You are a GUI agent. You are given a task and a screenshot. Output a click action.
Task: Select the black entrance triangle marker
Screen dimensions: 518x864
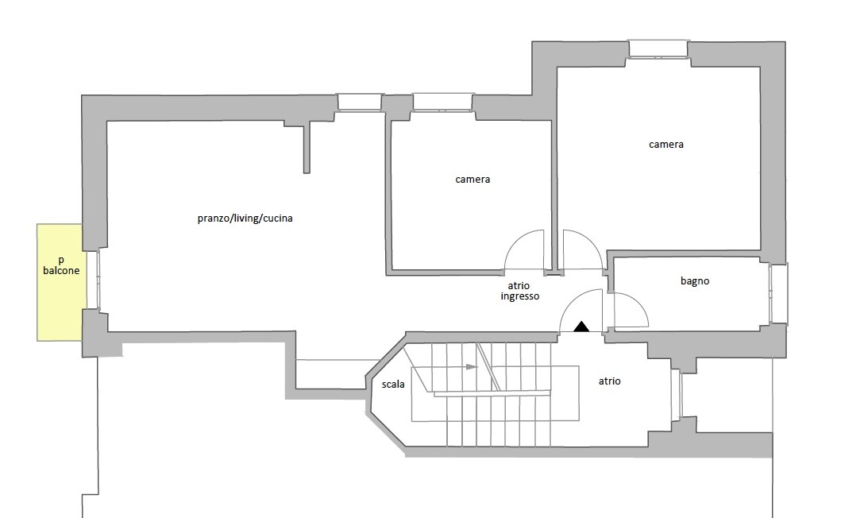(581, 326)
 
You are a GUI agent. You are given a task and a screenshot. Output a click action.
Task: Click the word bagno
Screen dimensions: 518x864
(695, 281)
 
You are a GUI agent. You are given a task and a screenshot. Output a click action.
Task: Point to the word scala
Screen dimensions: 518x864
(393, 385)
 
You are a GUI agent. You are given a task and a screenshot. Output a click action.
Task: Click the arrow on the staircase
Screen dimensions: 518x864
(471, 367)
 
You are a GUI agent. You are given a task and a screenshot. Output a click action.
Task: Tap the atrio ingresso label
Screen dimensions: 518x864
(520, 291)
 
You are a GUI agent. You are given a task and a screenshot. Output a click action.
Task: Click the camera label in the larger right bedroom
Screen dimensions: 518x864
(666, 145)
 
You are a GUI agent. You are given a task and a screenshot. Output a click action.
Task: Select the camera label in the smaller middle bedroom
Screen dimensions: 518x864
(472, 180)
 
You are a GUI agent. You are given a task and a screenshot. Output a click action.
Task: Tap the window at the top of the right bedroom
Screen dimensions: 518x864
(658, 48)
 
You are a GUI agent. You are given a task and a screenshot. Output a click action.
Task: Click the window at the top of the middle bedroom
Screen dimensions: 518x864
(443, 102)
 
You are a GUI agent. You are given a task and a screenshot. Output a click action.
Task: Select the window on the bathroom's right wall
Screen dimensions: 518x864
(778, 293)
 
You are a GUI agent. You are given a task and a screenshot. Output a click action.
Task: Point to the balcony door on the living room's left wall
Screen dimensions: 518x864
(93, 280)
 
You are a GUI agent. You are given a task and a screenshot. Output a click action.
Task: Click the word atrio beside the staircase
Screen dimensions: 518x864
(609, 381)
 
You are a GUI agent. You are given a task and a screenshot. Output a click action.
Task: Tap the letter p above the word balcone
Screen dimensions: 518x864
(61, 260)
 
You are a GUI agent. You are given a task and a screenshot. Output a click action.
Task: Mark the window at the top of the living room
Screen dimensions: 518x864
(360, 102)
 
